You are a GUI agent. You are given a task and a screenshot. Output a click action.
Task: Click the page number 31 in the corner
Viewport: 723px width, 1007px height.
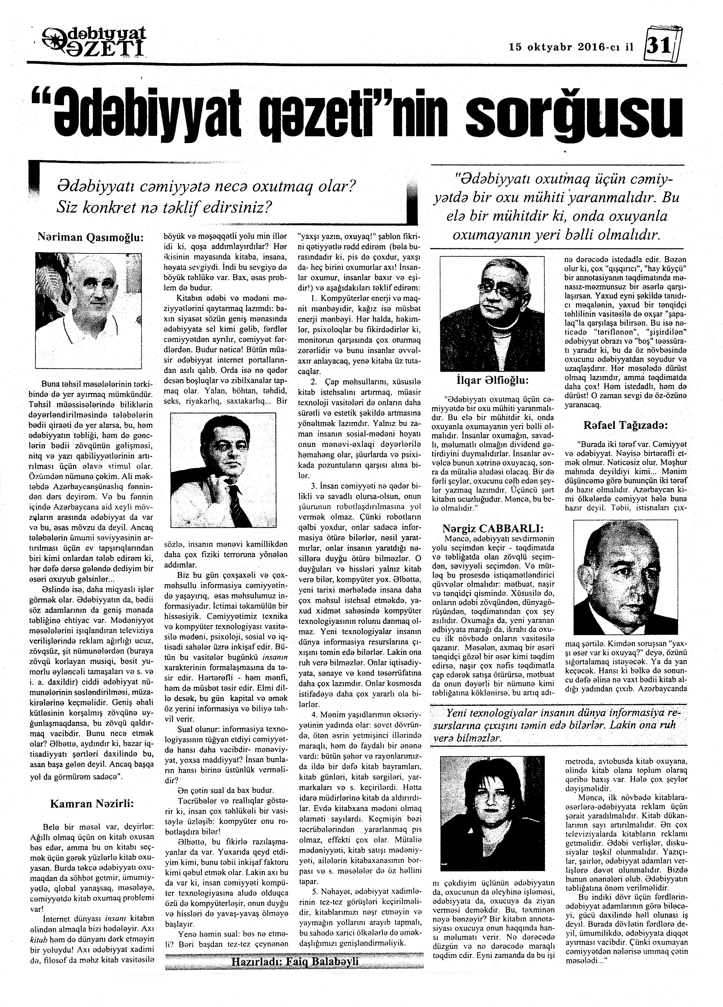[x=660, y=46]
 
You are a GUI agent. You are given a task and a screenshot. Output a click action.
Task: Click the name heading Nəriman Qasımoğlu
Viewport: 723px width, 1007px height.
[x=91, y=238]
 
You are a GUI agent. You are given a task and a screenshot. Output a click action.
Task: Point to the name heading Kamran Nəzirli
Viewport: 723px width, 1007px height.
[x=92, y=803]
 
